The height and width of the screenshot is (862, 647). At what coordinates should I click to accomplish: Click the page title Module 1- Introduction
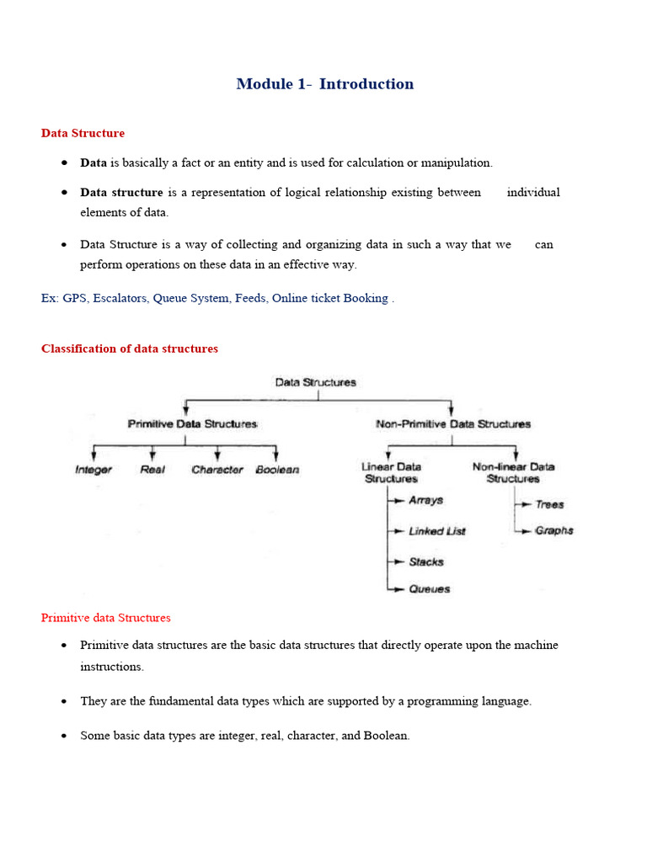[x=324, y=84]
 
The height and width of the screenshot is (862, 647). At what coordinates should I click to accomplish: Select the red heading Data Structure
[x=83, y=133]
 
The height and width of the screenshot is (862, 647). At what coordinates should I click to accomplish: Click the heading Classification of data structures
[x=129, y=349]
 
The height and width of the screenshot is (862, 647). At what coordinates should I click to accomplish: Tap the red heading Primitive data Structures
[x=105, y=618]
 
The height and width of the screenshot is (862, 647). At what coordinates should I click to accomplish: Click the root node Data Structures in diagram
[x=316, y=382]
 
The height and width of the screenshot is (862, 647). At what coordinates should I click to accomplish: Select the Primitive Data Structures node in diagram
[x=192, y=424]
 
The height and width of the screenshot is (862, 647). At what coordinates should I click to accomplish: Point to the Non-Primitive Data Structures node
[x=452, y=424]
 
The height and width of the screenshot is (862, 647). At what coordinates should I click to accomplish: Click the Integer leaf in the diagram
[x=93, y=470]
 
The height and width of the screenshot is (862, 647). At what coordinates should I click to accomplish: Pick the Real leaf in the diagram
[x=152, y=470]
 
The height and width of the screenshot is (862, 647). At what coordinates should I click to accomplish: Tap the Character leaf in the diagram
[x=217, y=470]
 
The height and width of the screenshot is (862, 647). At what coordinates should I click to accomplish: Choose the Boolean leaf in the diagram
[x=276, y=470]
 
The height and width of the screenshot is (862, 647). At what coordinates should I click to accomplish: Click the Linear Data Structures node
[x=391, y=472]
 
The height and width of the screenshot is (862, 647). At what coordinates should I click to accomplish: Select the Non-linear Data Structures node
[x=513, y=472]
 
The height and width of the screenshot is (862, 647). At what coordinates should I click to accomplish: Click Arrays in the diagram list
[x=425, y=500]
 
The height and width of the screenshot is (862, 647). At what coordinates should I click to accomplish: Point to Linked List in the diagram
[x=436, y=531]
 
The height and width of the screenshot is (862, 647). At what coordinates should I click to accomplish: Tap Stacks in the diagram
[x=426, y=561]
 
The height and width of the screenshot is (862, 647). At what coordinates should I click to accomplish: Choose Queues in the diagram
[x=429, y=589]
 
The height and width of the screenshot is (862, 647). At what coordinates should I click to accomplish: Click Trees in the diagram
[x=549, y=504]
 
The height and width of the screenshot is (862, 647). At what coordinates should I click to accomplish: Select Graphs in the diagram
[x=553, y=531]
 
